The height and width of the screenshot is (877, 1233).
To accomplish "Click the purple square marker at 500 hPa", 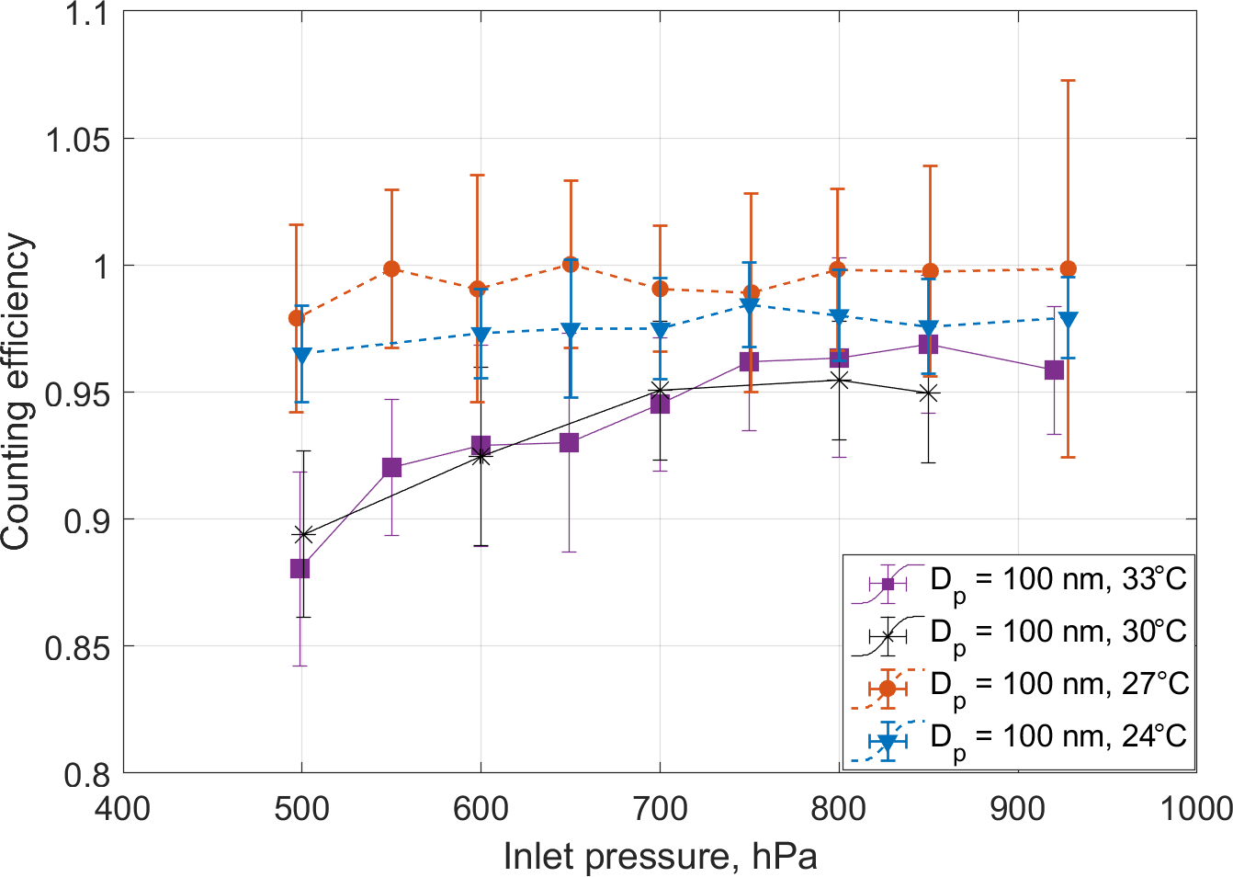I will [300, 569].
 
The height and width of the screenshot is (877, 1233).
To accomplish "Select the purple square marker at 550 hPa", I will [391, 468].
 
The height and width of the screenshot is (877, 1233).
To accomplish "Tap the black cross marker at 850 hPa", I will [929, 393].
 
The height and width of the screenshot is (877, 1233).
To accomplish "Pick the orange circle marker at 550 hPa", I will [391, 269].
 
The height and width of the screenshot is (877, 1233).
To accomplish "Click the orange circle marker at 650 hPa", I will [570, 264].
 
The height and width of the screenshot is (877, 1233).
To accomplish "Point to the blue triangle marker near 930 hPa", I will [1068, 320].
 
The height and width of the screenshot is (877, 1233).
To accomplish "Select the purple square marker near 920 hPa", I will [1054, 370].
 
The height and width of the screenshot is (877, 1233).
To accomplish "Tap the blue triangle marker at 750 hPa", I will [750, 306].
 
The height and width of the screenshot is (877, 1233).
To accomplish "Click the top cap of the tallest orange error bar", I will [1068, 81].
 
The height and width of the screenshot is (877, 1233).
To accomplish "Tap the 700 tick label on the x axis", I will [660, 809].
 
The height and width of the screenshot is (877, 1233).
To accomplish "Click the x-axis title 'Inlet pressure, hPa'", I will [660, 857].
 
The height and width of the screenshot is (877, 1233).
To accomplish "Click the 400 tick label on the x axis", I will [123, 809].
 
